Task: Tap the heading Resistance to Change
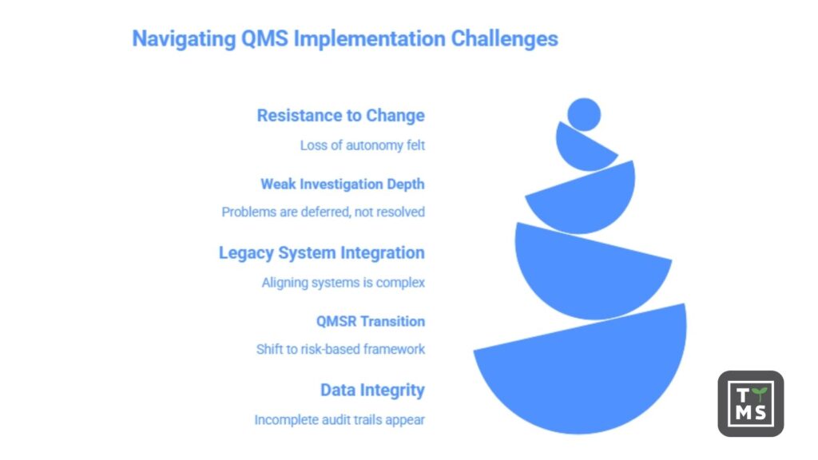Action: point(340,116)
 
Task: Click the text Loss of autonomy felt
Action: point(362,145)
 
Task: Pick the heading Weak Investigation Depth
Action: point(342,184)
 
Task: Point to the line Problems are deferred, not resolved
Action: point(323,212)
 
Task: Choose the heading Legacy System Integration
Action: point(321,253)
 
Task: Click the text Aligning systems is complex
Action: point(343,283)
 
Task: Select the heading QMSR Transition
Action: point(371,321)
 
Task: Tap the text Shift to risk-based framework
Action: point(340,350)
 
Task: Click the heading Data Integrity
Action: point(372,391)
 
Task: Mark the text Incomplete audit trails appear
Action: point(340,420)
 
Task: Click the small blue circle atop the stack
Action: point(584,114)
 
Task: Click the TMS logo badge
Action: point(750,403)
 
